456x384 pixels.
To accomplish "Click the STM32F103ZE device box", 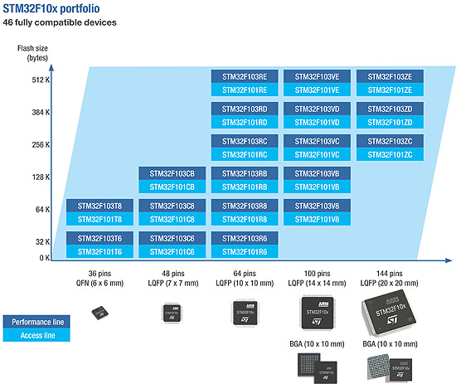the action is tap(390, 76).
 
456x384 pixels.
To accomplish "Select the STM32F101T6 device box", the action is tap(99, 251).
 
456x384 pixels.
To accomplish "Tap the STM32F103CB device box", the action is tap(172, 173).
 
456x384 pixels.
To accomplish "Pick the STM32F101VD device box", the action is tap(317, 122).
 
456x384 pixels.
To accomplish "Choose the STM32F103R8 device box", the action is tap(245, 206).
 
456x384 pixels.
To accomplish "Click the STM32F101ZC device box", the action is tap(390, 154).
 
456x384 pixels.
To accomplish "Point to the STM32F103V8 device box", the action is tap(317, 206).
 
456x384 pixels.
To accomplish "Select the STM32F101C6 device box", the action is tap(172, 251).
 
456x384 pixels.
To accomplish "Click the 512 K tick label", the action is tap(41, 80).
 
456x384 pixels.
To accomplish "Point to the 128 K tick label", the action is tap(41, 177).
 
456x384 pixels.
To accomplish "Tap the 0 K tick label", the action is tap(45, 258).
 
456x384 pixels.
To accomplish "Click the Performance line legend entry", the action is tap(36, 322).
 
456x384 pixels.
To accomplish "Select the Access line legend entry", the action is tap(36, 335).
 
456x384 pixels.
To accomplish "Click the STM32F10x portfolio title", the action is tap(51, 9).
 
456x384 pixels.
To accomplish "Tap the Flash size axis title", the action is tap(32, 53).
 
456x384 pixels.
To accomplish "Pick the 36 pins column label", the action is tap(99, 274).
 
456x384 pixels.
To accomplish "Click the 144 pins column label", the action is tap(390, 274).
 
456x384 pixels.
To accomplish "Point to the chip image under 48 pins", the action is tap(172, 313).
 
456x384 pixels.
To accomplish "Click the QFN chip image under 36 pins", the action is tap(100, 313).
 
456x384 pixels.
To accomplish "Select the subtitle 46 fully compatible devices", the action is tap(60, 22).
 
